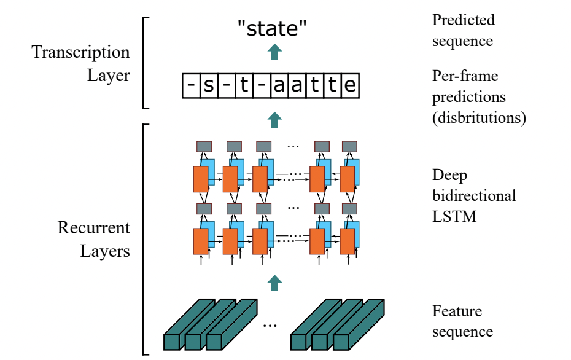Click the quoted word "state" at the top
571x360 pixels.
[x=272, y=28]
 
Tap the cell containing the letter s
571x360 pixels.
[x=209, y=85]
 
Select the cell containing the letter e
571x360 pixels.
[x=351, y=85]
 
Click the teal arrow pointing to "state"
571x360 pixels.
[x=274, y=52]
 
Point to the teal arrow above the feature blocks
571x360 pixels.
[x=274, y=283]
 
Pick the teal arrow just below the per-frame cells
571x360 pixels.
[x=274, y=120]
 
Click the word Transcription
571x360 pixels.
[x=80, y=52]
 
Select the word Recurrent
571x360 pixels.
[x=93, y=228]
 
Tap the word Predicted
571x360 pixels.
[x=463, y=20]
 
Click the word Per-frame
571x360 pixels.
[x=465, y=76]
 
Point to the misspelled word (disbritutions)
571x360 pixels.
[x=479, y=118]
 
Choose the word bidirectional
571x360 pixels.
[x=474, y=196]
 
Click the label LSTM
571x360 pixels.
[x=454, y=216]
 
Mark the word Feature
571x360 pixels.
[x=457, y=311]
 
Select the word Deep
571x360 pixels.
[x=449, y=176]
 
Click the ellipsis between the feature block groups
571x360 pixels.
[x=270, y=326]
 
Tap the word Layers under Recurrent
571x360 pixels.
[x=105, y=251]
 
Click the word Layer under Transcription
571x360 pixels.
[x=109, y=76]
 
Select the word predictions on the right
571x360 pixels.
[x=468, y=97]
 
